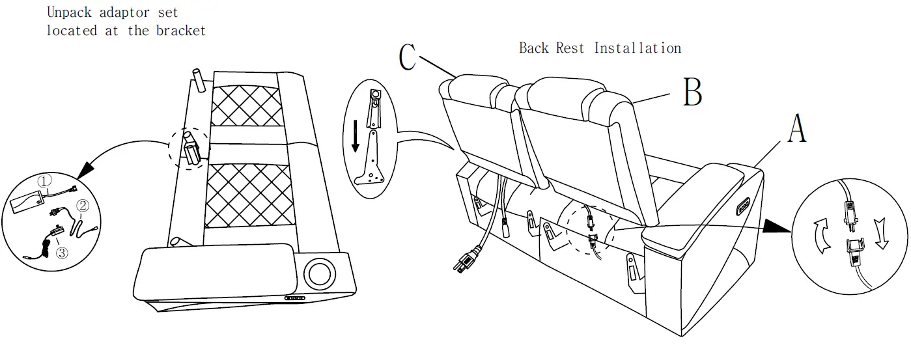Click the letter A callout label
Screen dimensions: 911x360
[797, 128]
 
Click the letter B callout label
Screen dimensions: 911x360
[692, 92]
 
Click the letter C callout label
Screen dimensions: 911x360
[408, 57]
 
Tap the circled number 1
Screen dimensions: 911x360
[45, 181]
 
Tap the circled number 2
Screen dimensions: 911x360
[83, 206]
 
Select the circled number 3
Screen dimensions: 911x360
[62, 253]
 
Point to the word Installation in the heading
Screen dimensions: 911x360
[638, 48]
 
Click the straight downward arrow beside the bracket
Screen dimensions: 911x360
[356, 136]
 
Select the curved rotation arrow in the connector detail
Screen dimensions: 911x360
[822, 236]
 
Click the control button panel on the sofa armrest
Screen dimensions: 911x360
[742, 206]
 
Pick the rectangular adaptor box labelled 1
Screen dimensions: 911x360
[27, 201]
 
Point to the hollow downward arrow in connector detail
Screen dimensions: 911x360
[881, 234]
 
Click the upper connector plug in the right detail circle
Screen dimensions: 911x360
[851, 214]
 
